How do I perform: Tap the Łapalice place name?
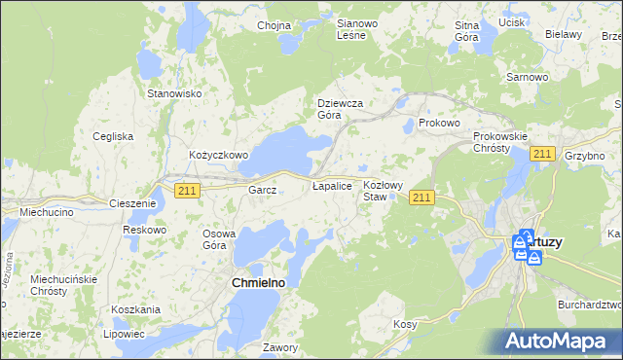click(331, 184)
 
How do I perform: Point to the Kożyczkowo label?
click(219, 155)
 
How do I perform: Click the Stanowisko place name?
click(173, 93)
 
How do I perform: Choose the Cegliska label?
click(113, 136)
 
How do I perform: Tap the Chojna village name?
click(275, 26)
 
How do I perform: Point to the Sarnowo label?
click(528, 76)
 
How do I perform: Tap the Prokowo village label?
click(438, 124)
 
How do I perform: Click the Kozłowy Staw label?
click(383, 190)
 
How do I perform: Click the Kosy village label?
click(405, 324)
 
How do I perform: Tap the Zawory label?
click(279, 346)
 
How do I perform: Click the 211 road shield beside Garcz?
click(188, 191)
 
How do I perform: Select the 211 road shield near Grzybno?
click(543, 154)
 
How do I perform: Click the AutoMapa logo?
click(561, 341)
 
